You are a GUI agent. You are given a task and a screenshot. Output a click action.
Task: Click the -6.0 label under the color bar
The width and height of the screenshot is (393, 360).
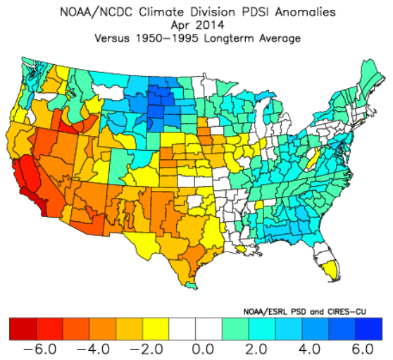(39, 349)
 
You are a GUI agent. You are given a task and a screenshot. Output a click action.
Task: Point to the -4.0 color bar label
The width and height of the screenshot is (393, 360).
(93, 349)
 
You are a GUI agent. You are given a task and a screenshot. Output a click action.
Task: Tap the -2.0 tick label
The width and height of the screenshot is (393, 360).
(146, 349)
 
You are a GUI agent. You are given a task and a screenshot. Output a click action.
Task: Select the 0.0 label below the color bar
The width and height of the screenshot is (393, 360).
(203, 349)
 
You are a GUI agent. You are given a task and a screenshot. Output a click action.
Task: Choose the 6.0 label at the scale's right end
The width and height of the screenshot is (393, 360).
(363, 349)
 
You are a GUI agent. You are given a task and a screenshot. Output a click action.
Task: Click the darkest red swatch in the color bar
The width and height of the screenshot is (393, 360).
(23, 329)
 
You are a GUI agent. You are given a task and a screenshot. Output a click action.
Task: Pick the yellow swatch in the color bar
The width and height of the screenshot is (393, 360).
(156, 329)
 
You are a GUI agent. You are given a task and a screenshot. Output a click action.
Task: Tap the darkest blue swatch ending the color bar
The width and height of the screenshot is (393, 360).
(369, 329)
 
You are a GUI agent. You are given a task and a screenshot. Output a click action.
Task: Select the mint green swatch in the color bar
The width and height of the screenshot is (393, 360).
(236, 329)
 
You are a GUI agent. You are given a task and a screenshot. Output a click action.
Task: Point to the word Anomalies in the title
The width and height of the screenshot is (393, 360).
(306, 12)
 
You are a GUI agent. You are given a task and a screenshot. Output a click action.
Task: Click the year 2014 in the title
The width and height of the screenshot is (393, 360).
(210, 25)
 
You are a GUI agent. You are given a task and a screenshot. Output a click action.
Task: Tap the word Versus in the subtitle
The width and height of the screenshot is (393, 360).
(112, 38)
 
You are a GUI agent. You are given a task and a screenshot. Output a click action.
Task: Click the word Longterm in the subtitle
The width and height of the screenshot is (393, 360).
(230, 39)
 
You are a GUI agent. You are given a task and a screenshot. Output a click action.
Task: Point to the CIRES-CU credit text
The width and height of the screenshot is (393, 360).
(347, 312)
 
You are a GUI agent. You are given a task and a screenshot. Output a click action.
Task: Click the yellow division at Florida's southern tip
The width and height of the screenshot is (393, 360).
(330, 271)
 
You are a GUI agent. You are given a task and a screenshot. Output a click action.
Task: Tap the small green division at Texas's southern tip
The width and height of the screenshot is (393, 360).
(192, 285)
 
